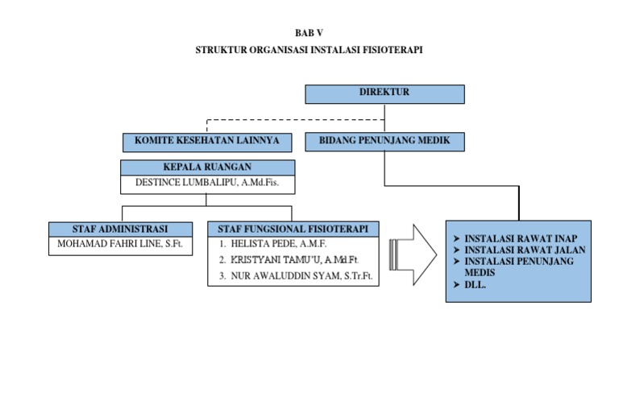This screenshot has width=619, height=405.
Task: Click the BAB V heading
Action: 309,33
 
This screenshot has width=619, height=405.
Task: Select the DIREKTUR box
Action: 384,93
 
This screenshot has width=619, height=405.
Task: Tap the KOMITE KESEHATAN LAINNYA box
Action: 207,142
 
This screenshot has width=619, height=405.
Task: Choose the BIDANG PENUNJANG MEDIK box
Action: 384,142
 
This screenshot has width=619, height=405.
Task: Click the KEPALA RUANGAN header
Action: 207,167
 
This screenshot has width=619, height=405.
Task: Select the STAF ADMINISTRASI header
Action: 120,229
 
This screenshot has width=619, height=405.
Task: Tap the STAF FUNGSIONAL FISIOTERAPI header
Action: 293,229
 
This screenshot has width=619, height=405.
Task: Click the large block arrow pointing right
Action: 412,252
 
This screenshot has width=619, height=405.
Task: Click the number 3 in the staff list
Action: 222,276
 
